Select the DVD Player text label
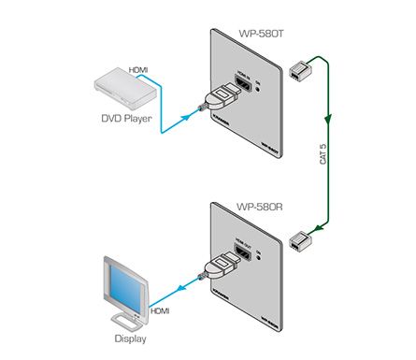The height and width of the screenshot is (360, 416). [126, 118]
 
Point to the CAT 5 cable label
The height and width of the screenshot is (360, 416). [323, 153]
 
